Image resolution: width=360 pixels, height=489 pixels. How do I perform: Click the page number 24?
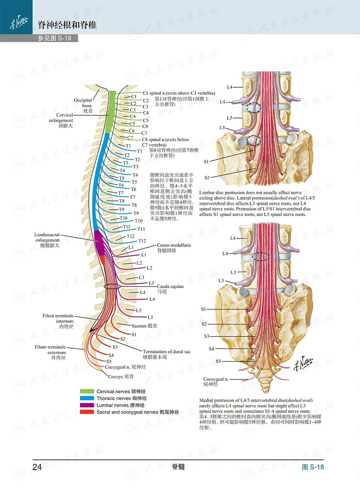tap(37, 467)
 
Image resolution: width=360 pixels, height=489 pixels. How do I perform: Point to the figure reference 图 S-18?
tap(313, 467)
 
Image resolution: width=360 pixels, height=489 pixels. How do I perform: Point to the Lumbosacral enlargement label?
tap(47, 240)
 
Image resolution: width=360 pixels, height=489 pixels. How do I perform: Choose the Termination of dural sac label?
tap(166, 354)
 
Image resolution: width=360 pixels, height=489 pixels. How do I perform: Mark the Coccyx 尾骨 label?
tap(121, 377)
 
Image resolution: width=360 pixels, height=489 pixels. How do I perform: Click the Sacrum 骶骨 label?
tap(144, 326)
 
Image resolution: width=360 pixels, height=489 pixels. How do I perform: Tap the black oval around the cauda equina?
tap(112, 286)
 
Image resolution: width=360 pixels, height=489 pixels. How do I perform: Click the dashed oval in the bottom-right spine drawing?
tap(261, 257)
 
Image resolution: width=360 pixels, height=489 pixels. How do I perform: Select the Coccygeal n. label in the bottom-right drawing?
tap(216, 381)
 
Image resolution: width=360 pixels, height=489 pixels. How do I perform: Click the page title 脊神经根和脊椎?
tap(67, 26)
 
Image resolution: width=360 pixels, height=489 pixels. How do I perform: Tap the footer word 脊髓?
tap(178, 467)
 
